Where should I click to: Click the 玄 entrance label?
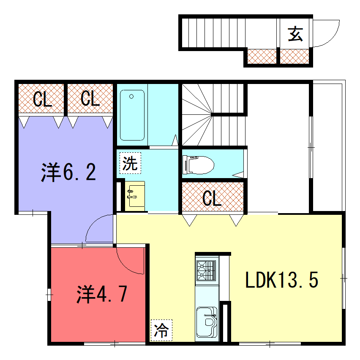[x=295, y=34]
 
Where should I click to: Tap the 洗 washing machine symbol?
[x=130, y=163]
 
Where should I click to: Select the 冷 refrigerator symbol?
[x=161, y=330]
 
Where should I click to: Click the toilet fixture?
[x=198, y=165]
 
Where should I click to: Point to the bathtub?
[x=132, y=115]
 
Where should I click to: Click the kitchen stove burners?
[x=207, y=271]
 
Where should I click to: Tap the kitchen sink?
[x=207, y=322]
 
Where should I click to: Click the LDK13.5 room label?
[x=282, y=280]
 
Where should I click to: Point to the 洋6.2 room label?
[x=68, y=172]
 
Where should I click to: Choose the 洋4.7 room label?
[x=101, y=294]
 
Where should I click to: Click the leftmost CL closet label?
[x=42, y=99]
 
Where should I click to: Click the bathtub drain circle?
[x=131, y=96]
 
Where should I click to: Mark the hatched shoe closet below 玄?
[x=295, y=57]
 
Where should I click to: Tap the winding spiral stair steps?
[x=197, y=115]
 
